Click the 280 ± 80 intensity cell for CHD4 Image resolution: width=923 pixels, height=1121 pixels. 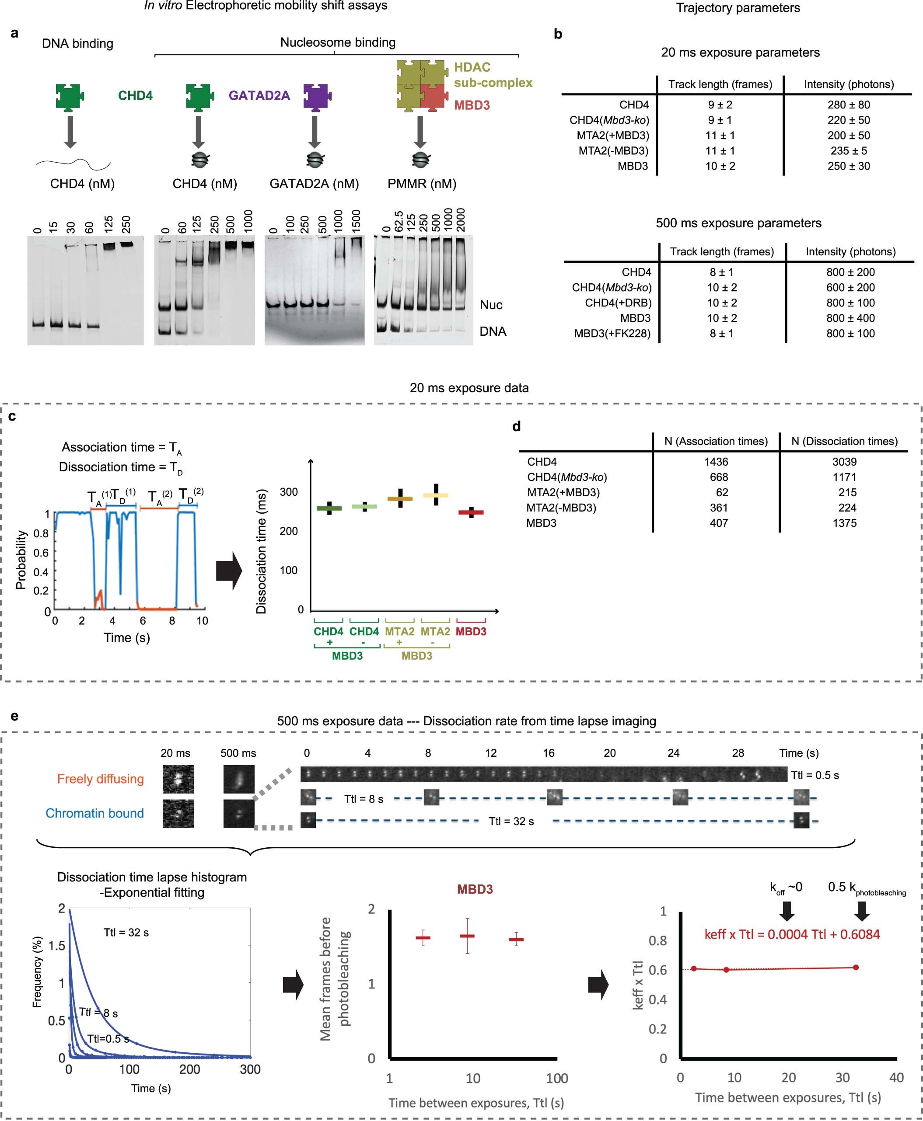click(848, 104)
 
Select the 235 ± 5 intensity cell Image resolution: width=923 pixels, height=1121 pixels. click(848, 151)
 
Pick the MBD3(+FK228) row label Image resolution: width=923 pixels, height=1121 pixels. click(612, 334)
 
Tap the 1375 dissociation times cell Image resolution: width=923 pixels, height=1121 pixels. click(844, 523)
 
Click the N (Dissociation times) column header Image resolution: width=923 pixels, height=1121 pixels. click(844, 441)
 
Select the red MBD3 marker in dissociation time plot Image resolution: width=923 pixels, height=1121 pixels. click(471, 512)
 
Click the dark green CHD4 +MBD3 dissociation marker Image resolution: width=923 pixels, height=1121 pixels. click(329, 508)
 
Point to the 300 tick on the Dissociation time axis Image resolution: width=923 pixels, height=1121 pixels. click(289, 491)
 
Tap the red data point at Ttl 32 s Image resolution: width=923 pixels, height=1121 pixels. click(856, 967)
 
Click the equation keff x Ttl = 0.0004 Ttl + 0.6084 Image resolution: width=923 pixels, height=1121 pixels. click(792, 934)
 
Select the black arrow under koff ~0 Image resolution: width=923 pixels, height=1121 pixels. click(787, 911)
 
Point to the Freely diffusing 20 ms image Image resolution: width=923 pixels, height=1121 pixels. click(178, 779)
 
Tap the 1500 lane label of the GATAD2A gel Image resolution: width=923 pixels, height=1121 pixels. click(356, 220)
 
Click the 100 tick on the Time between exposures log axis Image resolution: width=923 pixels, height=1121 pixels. click(557, 1078)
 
